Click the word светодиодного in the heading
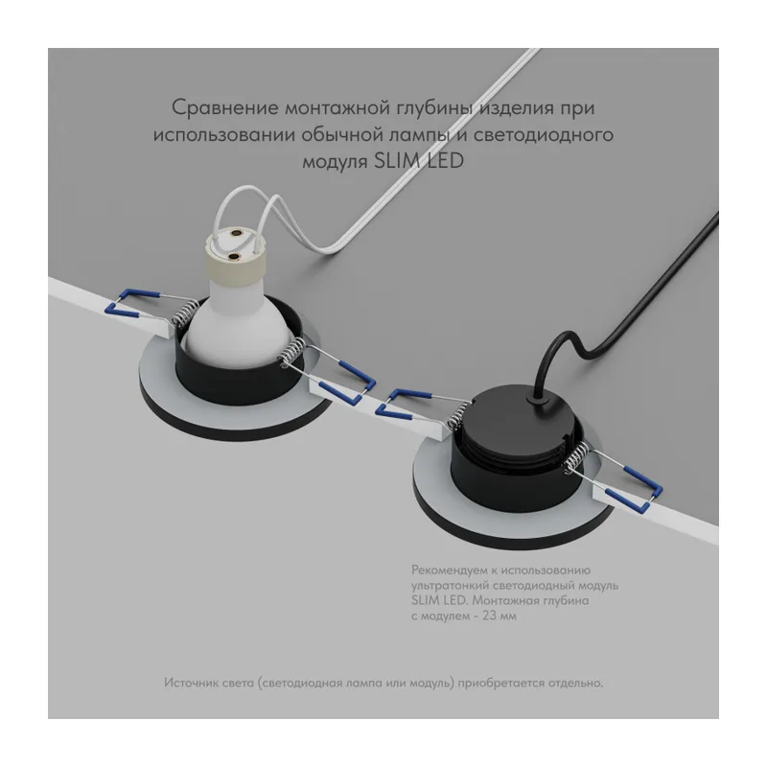click(x=543, y=135)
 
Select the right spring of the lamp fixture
click(x=291, y=354)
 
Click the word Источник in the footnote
click(x=191, y=683)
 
